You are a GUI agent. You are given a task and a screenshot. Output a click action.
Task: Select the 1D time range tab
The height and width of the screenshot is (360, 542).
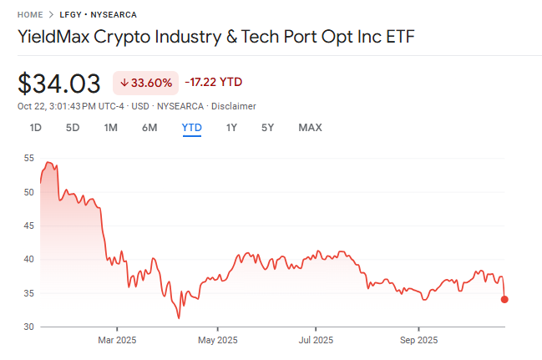coord(36,128)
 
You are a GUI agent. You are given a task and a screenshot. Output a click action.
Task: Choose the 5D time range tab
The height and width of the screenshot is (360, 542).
coord(73,128)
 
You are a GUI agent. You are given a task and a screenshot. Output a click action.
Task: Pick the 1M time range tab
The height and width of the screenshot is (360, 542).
coord(110,128)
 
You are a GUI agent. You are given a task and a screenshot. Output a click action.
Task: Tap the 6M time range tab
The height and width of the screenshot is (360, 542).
coord(149,128)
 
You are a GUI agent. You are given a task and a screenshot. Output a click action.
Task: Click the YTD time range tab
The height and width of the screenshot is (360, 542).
coord(192,128)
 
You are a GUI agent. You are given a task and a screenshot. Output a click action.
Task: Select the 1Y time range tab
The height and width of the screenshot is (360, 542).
coord(231,128)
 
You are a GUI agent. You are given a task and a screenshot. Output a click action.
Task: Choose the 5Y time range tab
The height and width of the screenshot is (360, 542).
coord(267,128)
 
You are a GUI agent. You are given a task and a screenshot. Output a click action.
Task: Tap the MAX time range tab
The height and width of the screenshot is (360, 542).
coord(310,128)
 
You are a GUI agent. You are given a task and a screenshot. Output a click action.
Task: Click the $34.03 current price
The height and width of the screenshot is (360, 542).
coord(59,84)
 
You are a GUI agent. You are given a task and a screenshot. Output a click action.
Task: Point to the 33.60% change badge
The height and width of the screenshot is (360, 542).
coord(146,83)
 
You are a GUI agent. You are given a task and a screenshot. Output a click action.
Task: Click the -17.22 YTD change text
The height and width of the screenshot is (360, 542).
coord(214,83)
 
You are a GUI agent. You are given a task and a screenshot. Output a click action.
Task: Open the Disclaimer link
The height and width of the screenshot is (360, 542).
coord(234,106)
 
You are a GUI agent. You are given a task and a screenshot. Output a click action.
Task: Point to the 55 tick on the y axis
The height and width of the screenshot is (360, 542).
coord(29,158)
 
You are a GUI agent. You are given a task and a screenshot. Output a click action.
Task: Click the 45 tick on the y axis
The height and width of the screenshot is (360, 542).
coord(29,226)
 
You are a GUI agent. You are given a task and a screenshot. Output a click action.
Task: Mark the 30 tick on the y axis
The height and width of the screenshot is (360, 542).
coord(29,327)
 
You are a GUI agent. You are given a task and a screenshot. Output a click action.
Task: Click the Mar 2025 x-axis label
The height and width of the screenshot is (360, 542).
coord(117,340)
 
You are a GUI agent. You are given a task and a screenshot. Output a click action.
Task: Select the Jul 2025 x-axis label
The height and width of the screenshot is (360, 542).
coord(316,340)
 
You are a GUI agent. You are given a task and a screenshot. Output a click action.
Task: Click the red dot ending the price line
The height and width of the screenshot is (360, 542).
coord(504,299)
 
